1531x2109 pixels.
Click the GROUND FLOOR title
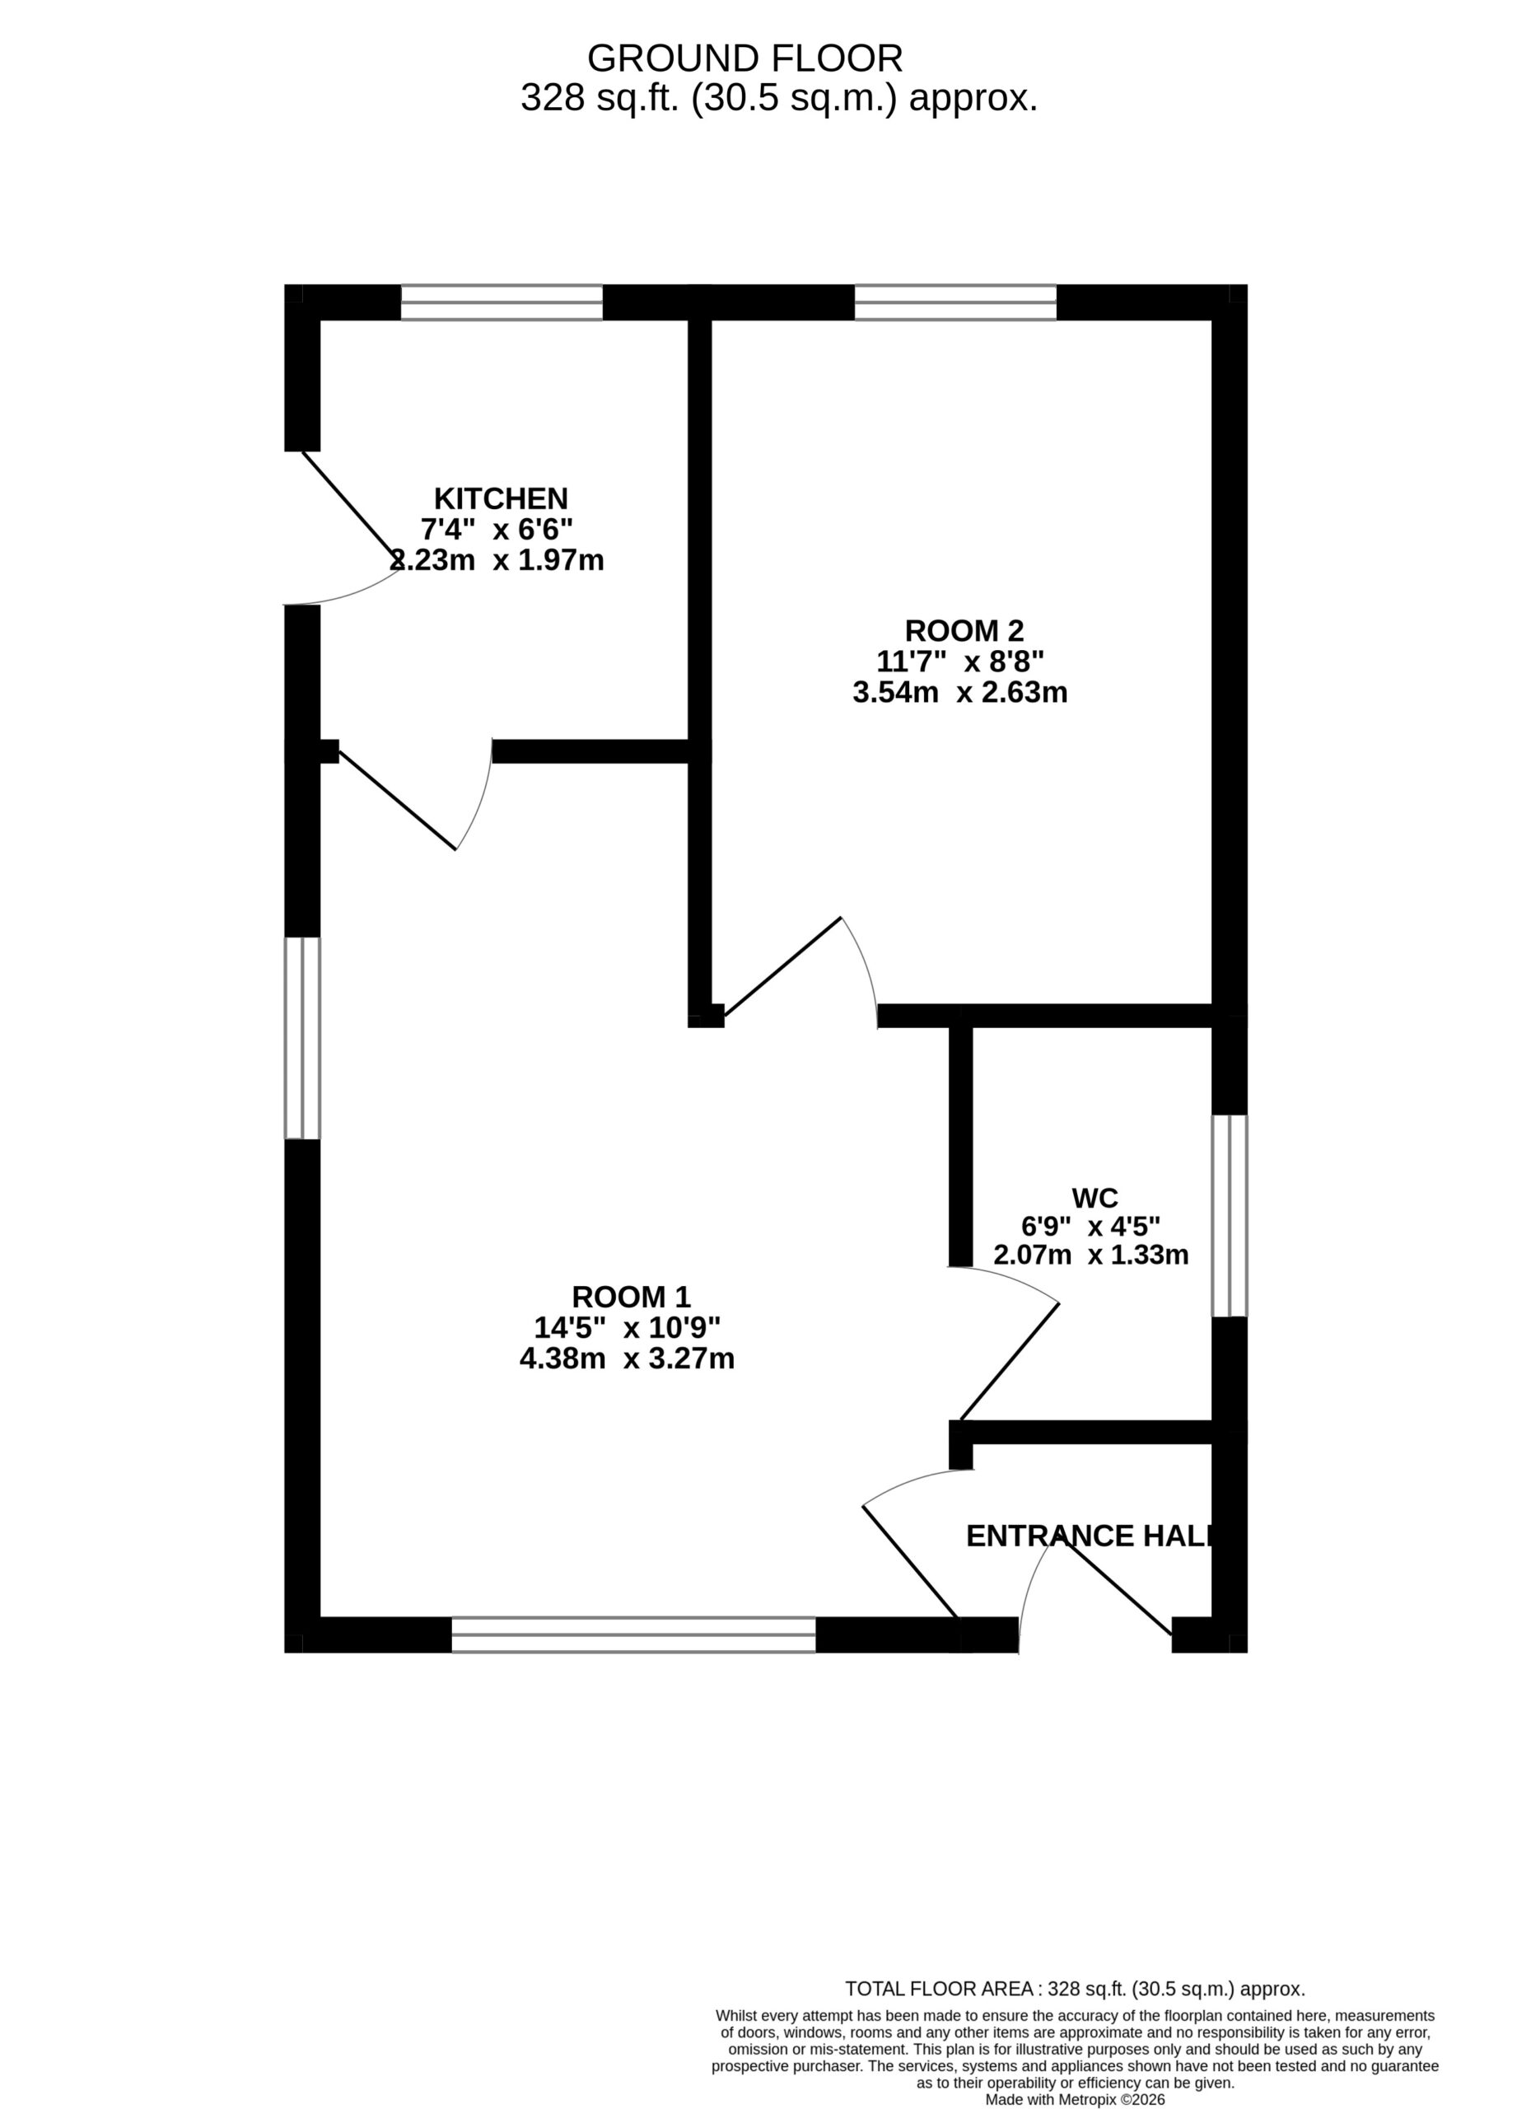click(x=744, y=58)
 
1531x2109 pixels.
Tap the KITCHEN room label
click(x=501, y=498)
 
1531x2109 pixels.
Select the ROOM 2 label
click(x=964, y=631)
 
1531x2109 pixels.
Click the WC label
click(x=1095, y=1198)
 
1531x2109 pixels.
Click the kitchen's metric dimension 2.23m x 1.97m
click(x=497, y=561)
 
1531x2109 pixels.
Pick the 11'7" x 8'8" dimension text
click(x=960, y=662)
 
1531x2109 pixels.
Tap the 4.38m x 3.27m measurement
click(x=628, y=1358)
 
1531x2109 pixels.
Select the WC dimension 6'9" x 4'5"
click(x=1091, y=1228)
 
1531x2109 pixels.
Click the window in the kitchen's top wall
click(x=502, y=302)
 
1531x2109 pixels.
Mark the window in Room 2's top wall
click(x=955, y=302)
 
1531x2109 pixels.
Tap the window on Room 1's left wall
click(x=302, y=1038)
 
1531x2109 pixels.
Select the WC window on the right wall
click(x=1229, y=1215)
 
